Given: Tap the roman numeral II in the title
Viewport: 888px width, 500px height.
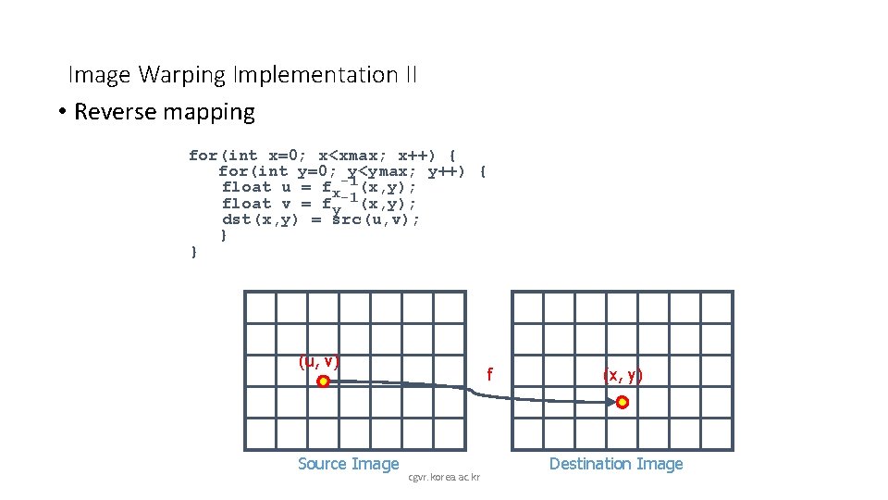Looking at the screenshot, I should tap(410, 75).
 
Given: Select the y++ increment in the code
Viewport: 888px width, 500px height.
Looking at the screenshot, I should tap(448, 171).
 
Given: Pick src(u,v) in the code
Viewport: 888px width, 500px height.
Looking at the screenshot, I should tap(376, 220).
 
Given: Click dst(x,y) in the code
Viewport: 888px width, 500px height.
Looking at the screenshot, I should tap(261, 220).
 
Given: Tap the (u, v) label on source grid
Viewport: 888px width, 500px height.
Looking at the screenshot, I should tap(319, 362).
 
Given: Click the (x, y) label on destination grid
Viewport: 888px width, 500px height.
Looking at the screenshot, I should tap(623, 375).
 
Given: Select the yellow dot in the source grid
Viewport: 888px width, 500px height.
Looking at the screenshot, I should tap(323, 381).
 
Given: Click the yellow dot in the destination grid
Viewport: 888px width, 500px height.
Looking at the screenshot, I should tap(623, 402).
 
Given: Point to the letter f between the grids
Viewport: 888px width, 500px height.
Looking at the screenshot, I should tap(490, 375).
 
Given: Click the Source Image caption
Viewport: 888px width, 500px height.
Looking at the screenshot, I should tap(349, 464).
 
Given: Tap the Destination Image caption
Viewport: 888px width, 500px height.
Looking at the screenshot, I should tap(616, 464).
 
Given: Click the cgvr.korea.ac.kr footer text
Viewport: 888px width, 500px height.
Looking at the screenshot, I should tap(444, 478).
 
